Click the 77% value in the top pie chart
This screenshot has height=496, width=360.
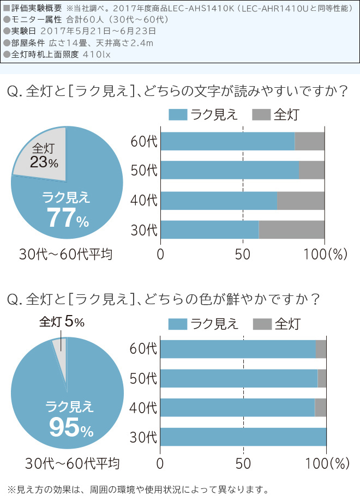[x=67, y=218]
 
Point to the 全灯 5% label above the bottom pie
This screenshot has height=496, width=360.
[x=62, y=322]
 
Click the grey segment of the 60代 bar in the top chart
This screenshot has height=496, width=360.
[x=309, y=141]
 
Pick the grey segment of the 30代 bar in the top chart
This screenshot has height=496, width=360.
[x=291, y=229]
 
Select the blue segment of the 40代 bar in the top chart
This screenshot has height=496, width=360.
[x=218, y=201]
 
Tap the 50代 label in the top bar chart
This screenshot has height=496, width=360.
[x=144, y=171]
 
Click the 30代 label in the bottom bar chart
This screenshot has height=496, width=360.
[x=144, y=437]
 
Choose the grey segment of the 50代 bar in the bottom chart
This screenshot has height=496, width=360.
[x=322, y=378]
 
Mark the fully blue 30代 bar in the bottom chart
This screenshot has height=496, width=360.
[x=243, y=437]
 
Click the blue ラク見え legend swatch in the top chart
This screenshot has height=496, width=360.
[x=178, y=114]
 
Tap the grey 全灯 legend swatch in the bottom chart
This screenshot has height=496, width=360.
[x=262, y=324]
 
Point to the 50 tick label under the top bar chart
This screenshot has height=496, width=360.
[x=243, y=254]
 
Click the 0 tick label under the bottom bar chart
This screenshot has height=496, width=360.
[x=160, y=463]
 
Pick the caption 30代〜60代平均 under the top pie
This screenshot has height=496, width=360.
[x=65, y=254]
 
